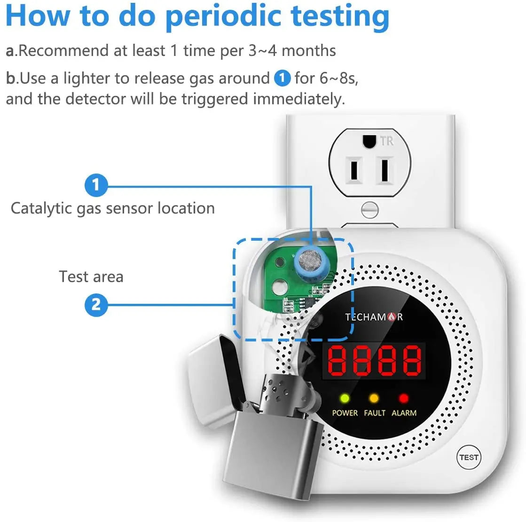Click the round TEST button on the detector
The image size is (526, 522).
point(469,457)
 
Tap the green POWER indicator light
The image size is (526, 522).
point(345,398)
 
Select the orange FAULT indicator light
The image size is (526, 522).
point(374,398)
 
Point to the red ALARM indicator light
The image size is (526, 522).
point(404,398)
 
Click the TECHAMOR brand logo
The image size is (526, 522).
point(374,317)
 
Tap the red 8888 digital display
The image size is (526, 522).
point(374,361)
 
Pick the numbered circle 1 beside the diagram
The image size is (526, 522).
point(96,185)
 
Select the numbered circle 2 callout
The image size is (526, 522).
point(96,305)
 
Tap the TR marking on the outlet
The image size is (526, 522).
point(387,141)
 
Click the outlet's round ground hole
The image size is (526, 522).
point(369,142)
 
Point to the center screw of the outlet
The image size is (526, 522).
point(369,210)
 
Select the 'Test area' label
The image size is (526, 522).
point(91,277)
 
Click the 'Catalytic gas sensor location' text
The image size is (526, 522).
point(113,208)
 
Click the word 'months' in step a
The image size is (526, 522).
point(309,51)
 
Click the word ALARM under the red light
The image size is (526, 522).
point(404,413)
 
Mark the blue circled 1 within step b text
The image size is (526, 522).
point(282,78)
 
